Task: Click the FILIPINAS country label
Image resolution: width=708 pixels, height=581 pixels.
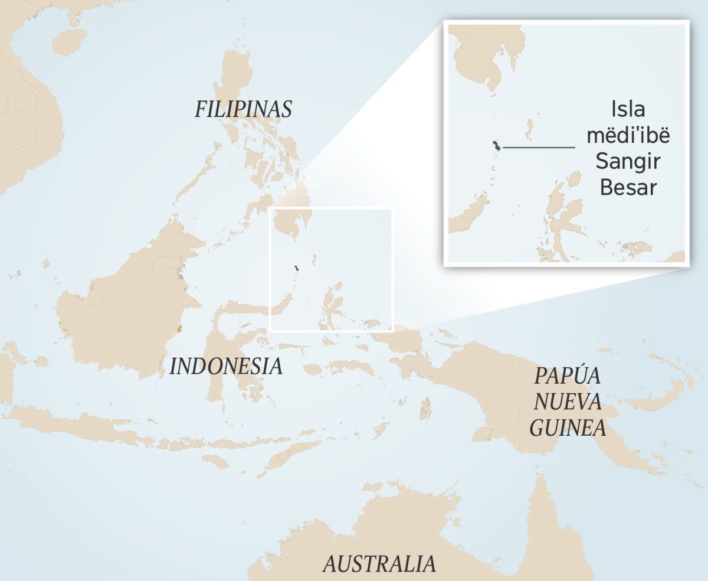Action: click(x=244, y=109)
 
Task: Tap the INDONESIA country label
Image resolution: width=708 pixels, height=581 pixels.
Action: click(x=226, y=366)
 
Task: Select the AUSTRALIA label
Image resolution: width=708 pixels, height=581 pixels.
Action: click(x=379, y=564)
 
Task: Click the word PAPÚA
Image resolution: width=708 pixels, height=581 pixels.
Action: click(x=568, y=376)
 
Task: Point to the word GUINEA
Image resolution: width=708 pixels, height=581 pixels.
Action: click(x=568, y=427)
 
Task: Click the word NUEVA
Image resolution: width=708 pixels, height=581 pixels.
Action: click(x=568, y=402)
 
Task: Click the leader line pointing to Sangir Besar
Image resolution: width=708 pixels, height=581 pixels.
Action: click(x=538, y=146)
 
